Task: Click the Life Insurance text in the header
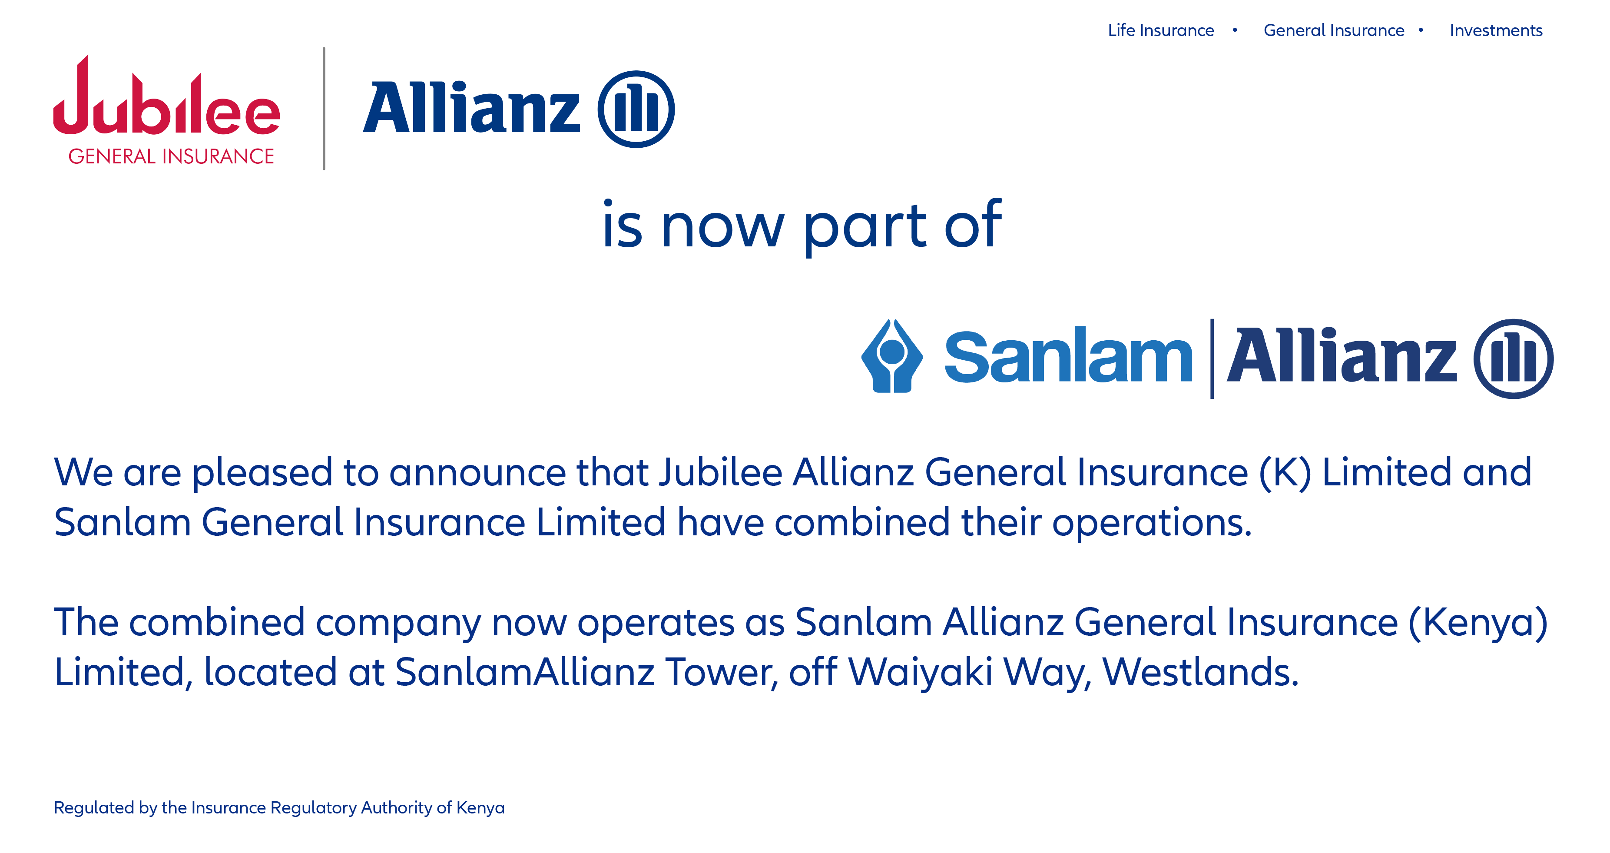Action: (x=1161, y=30)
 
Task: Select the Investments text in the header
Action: (x=1496, y=30)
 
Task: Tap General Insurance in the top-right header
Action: (x=1334, y=30)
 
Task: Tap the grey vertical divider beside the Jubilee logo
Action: (x=324, y=108)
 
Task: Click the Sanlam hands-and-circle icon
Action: (x=892, y=356)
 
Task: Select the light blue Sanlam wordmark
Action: (x=1068, y=355)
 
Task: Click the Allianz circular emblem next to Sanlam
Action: (x=1513, y=358)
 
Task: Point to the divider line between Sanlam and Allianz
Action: (x=1212, y=358)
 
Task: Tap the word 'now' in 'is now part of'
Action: (x=722, y=228)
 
